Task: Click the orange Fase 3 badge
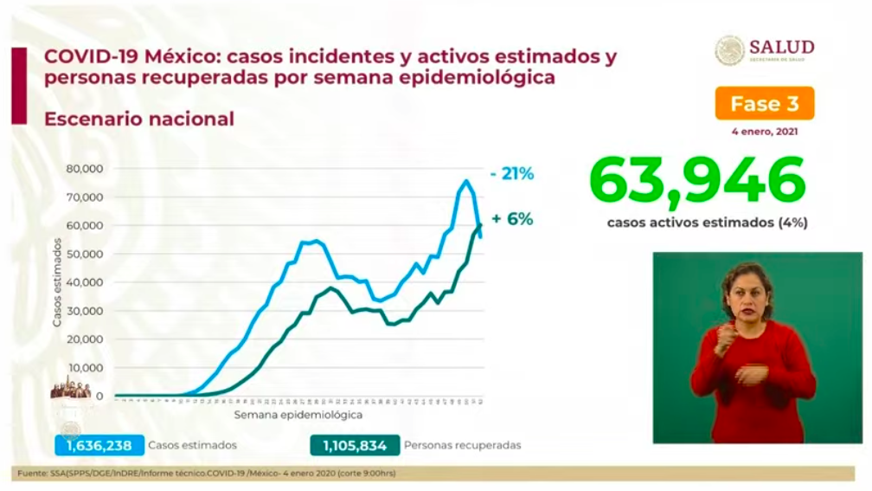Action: click(x=764, y=104)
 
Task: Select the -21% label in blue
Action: click(x=511, y=174)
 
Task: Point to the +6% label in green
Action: click(x=512, y=219)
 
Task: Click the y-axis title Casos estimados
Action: click(x=57, y=282)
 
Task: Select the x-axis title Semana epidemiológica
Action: click(x=298, y=416)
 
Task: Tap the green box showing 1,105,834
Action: click(x=356, y=445)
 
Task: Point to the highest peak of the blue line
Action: click(x=466, y=181)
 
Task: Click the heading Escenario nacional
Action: click(x=138, y=119)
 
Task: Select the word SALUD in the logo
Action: click(x=781, y=46)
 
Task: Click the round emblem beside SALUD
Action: click(x=729, y=50)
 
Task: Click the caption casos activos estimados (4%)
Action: click(x=707, y=223)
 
